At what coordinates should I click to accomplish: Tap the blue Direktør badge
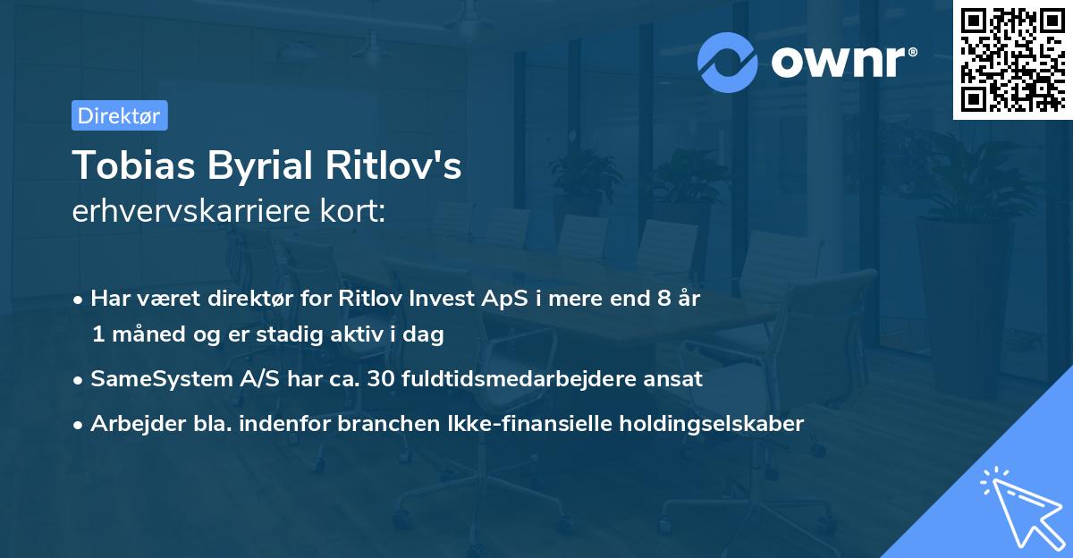[119, 115]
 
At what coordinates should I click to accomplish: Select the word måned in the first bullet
[147, 335]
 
